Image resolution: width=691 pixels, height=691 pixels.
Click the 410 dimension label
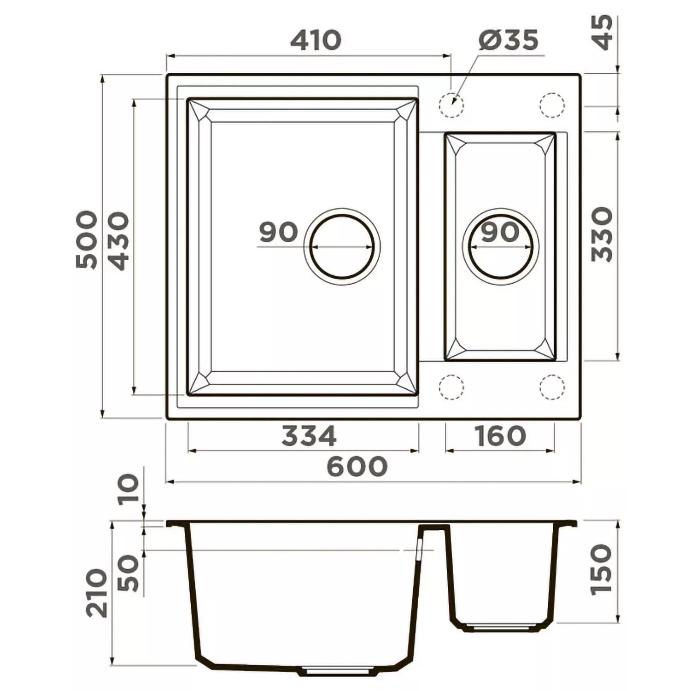[316, 40]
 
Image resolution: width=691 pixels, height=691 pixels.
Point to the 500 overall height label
[87, 240]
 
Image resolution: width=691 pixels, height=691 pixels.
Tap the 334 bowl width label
[309, 436]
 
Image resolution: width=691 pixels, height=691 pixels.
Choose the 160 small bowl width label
[500, 436]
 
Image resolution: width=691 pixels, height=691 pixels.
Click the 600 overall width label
[357, 466]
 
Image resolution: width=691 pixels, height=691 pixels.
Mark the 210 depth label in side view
[97, 593]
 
